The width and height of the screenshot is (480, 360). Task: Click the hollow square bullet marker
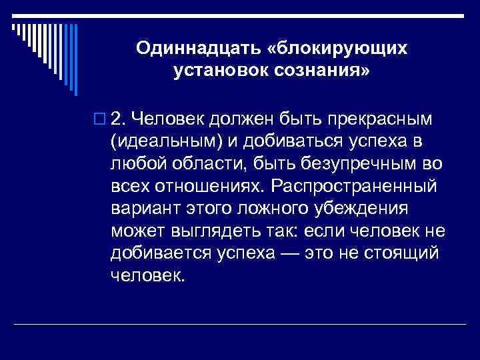pos(101,119)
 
